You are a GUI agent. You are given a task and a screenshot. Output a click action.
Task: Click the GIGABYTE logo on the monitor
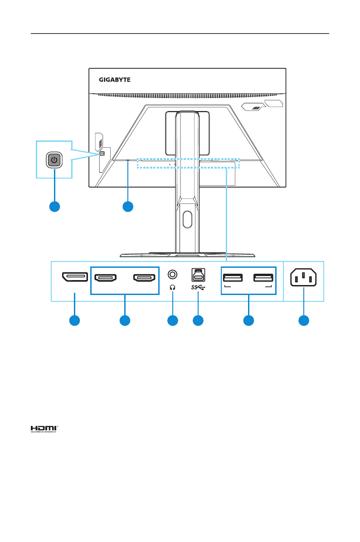tap(115, 80)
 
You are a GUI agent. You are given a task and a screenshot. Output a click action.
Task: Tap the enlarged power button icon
tap(54, 160)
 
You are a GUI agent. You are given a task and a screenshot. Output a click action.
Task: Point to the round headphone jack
tap(172, 274)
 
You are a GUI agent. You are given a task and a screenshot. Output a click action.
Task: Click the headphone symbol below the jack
tap(172, 286)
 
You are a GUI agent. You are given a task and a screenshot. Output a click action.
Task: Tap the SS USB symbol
tap(198, 287)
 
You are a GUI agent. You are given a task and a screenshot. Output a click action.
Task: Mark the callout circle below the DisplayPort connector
tap(74, 320)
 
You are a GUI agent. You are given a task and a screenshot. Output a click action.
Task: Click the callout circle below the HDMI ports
tap(125, 320)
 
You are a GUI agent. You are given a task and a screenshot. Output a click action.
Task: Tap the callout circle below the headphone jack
tap(172, 320)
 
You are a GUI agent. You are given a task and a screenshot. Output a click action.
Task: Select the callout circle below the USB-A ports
tap(248, 320)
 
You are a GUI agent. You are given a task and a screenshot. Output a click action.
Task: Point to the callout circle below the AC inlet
tap(303, 320)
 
